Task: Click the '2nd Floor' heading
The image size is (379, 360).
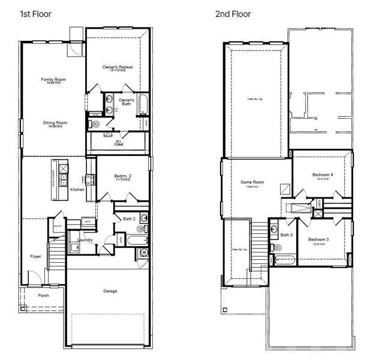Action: [233, 13]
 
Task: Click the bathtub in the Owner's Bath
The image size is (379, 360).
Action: [143, 105]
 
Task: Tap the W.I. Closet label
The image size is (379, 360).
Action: [119, 143]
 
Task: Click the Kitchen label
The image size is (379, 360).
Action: [77, 190]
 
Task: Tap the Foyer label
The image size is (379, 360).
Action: [36, 256]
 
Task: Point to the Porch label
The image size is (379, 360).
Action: [43, 295]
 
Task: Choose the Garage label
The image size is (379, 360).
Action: [109, 291]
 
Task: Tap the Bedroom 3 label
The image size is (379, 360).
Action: [318, 240]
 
